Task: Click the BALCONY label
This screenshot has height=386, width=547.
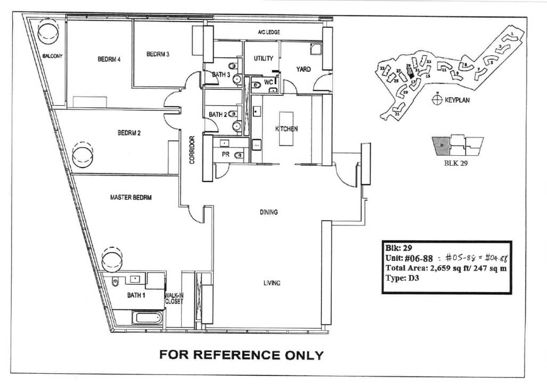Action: [53, 56]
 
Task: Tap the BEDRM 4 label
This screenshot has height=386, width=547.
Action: [109, 60]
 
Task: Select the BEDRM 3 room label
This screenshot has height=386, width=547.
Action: [158, 54]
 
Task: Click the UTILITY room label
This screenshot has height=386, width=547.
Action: [263, 58]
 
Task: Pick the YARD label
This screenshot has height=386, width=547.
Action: [304, 69]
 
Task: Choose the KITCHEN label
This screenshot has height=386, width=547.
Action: [286, 129]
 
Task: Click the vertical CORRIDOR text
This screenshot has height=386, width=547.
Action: [192, 150]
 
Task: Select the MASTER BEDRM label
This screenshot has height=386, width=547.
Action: [131, 198]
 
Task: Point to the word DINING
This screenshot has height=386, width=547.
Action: [269, 213]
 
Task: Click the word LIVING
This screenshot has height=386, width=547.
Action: [272, 283]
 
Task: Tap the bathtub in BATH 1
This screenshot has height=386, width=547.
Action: [144, 318]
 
